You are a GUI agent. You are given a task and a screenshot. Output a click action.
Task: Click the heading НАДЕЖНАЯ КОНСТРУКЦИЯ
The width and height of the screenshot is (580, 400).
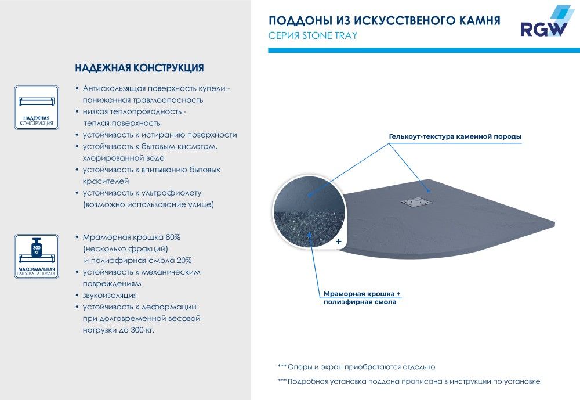pyautogui.click(x=139, y=68)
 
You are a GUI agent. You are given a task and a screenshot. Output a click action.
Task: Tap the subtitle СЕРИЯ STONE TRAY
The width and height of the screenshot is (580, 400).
pyautogui.click(x=313, y=35)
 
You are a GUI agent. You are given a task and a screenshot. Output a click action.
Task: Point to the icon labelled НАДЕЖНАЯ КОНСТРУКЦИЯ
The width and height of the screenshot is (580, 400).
pyautogui.click(x=37, y=107)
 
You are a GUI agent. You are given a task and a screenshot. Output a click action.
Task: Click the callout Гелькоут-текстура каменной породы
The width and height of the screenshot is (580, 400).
pyautogui.click(x=455, y=137)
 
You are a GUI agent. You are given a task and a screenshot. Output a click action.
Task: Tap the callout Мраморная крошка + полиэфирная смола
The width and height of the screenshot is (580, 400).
pyautogui.click(x=362, y=298)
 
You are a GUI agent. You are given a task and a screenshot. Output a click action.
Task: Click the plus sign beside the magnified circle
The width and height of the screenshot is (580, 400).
pyautogui.click(x=338, y=240)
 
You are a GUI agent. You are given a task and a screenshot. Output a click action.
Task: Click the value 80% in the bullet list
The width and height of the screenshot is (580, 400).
pyautogui.click(x=172, y=237)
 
